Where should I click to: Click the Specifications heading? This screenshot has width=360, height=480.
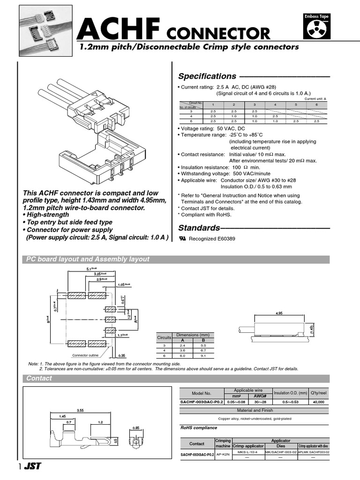pyautogui.click(x=207, y=76)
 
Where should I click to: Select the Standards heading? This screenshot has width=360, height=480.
pyautogui.click(x=199, y=228)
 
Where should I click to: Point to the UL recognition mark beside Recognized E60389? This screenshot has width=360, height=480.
pyautogui.click(x=182, y=239)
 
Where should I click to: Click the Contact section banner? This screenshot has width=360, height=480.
pyautogui.click(x=39, y=378)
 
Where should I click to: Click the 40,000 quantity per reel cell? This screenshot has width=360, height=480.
pyautogui.click(x=319, y=402)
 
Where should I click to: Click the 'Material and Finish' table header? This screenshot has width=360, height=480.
pyautogui.click(x=255, y=411)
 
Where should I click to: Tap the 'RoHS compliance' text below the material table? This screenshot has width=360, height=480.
pyautogui.click(x=199, y=427)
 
